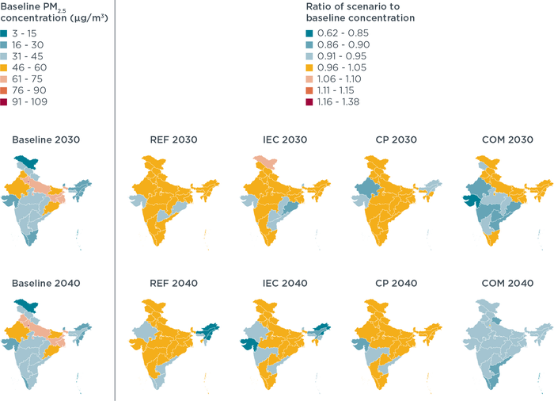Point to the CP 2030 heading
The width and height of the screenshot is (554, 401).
[x=393, y=140]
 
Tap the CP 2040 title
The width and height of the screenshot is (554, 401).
[x=393, y=283]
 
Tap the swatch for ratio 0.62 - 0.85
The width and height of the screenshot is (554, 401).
[x=309, y=32]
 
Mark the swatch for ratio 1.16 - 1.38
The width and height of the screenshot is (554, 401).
[x=309, y=101]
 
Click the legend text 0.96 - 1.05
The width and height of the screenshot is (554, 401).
[x=339, y=67]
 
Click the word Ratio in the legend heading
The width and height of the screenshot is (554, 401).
[x=318, y=6]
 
